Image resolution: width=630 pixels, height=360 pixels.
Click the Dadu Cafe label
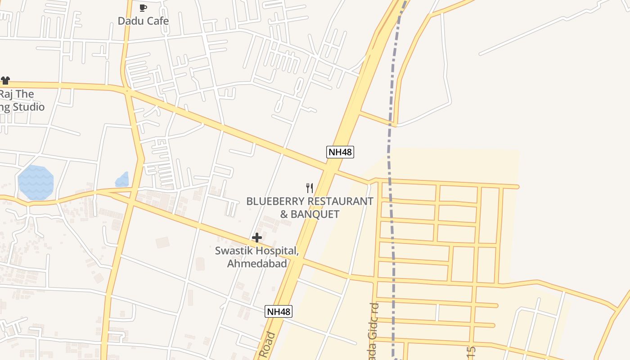(x=143, y=21)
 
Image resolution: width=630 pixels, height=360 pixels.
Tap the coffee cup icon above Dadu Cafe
(x=143, y=8)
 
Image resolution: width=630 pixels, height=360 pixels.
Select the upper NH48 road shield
(x=340, y=152)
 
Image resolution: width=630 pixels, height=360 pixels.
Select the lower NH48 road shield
(x=279, y=311)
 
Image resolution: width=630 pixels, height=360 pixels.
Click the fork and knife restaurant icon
(x=310, y=188)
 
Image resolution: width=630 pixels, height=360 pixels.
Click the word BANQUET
(x=315, y=214)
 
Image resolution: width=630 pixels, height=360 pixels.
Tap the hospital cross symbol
(x=257, y=238)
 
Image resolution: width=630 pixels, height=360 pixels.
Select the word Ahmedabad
(x=257, y=264)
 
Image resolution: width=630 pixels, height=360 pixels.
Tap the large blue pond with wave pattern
(x=36, y=183)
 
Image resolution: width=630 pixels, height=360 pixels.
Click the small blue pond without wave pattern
(x=122, y=180)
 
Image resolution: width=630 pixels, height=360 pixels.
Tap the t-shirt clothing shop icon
(x=5, y=81)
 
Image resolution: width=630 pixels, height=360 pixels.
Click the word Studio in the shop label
(x=29, y=107)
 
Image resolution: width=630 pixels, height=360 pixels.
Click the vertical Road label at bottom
(x=270, y=346)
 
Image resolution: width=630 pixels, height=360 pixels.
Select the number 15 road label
(x=472, y=352)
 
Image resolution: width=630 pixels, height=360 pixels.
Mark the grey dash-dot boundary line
(x=391, y=225)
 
